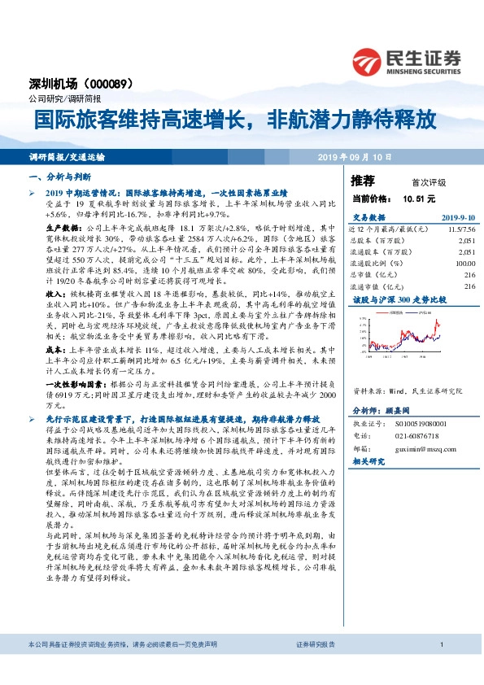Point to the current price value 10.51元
tap(419, 197)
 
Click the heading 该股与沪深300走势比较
tap(399, 300)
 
